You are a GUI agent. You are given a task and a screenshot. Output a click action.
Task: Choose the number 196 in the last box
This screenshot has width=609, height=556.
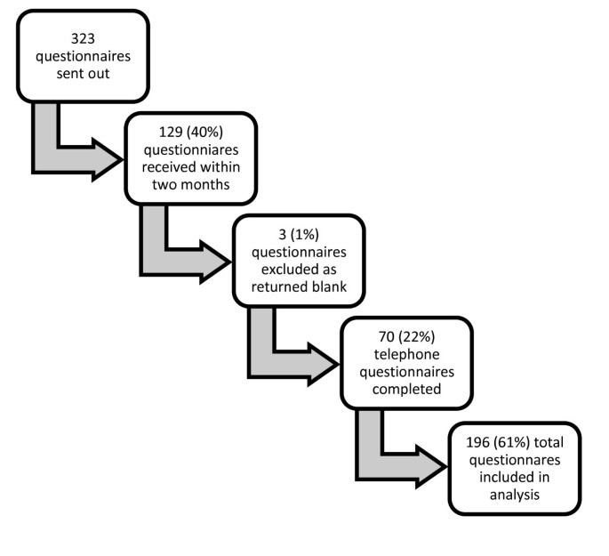478,442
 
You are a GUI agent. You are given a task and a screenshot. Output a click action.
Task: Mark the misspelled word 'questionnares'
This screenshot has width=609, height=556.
515,459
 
